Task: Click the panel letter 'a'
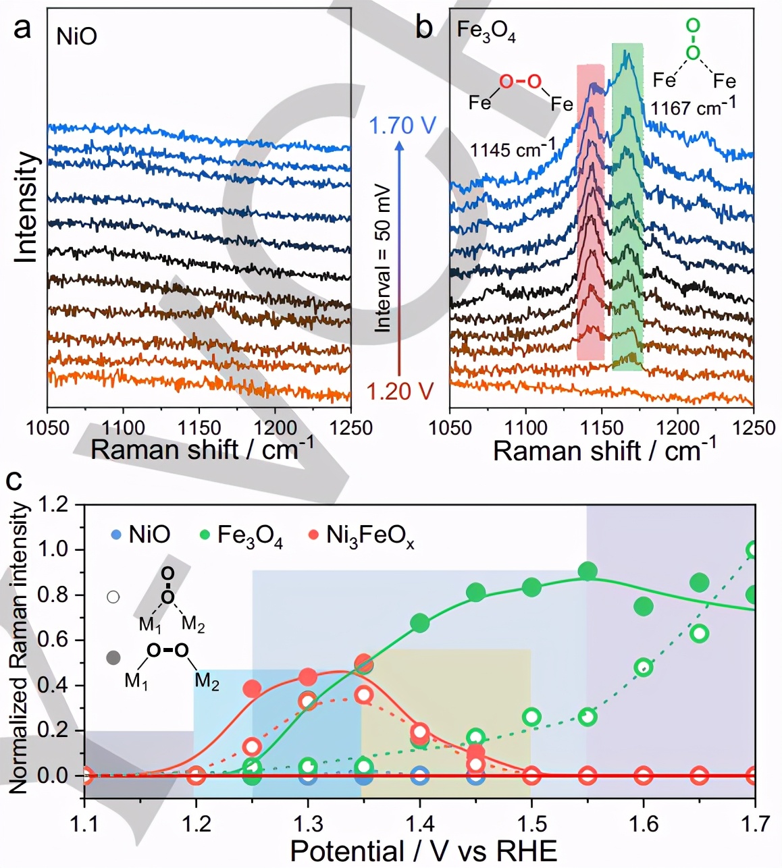click(23, 29)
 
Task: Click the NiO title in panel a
click(76, 36)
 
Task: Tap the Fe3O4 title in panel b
click(486, 32)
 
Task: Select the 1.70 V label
click(403, 126)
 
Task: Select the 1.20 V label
click(400, 391)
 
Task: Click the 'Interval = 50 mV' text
click(383, 257)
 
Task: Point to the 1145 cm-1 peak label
click(513, 148)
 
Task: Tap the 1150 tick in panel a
click(199, 428)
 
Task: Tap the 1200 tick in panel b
click(678, 428)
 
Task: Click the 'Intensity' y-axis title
click(27, 207)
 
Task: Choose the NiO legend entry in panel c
click(140, 535)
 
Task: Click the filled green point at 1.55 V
click(588, 572)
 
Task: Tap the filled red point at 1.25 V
click(252, 688)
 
